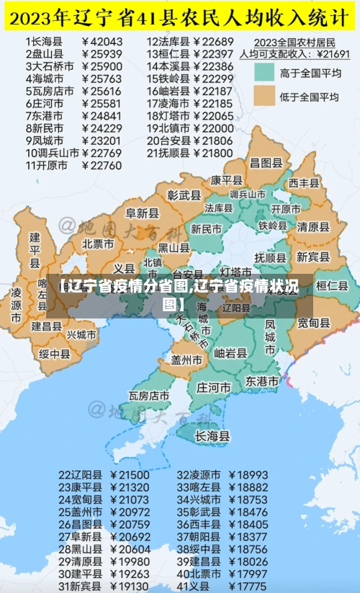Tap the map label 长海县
point(212,436)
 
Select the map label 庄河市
point(214,387)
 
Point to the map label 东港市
point(262,380)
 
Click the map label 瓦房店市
point(149,396)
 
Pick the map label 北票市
point(98,244)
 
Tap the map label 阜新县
point(142,213)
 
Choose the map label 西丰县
point(303,183)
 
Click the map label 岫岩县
point(230,353)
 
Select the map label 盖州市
point(186,358)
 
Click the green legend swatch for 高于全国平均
point(264,72)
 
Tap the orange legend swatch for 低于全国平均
point(264,97)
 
